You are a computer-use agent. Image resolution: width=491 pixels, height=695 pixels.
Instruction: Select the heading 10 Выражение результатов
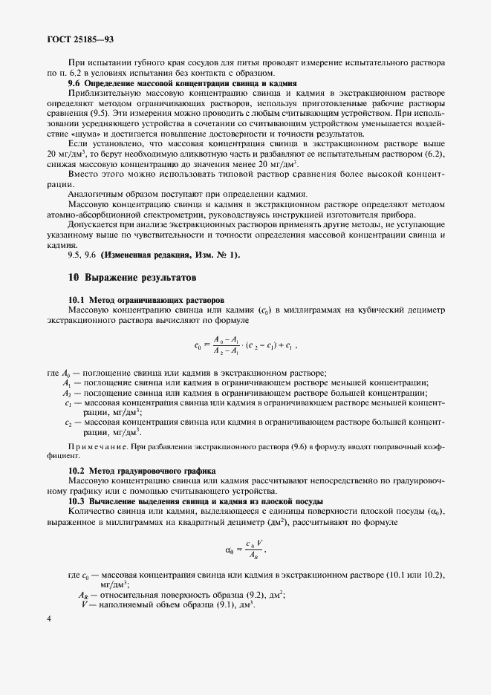coord(131,278)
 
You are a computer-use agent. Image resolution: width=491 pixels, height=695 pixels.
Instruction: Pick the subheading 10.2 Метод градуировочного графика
coord(141,471)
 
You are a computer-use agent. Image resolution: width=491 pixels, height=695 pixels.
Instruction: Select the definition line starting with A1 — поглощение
coord(245,382)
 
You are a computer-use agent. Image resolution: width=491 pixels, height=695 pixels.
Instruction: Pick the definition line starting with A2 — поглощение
coord(245,393)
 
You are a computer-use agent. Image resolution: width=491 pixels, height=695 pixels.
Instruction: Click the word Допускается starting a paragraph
coord(93,224)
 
